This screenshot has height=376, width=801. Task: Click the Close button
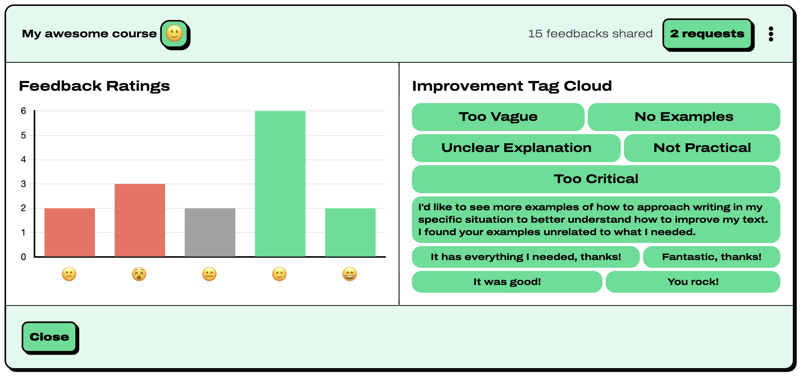[x=49, y=337]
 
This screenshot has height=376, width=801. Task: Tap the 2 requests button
[x=707, y=34]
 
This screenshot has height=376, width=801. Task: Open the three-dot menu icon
[x=771, y=34]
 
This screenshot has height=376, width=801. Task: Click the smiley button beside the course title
[x=174, y=34]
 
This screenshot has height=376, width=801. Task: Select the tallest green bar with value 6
[x=280, y=183]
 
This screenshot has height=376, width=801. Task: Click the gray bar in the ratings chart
[x=210, y=232]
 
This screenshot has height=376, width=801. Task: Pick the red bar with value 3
[x=140, y=220]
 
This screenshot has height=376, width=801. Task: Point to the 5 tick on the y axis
[x=23, y=135]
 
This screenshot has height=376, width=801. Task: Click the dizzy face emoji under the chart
[x=139, y=274]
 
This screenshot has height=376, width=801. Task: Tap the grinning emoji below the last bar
[x=350, y=274]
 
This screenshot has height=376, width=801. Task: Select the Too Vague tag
[x=498, y=117]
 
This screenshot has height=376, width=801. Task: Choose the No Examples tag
[x=684, y=117]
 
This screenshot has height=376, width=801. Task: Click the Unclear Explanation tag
[x=516, y=148]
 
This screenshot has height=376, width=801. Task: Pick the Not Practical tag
[x=702, y=148]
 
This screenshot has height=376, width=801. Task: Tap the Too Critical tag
[x=596, y=179]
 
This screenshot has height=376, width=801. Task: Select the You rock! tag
[x=693, y=282]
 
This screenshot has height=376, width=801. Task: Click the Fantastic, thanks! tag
[x=711, y=257]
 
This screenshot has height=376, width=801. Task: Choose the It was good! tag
[x=507, y=282]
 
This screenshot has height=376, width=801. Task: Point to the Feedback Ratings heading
[x=94, y=86]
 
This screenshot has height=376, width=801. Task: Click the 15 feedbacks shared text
[x=590, y=34]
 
